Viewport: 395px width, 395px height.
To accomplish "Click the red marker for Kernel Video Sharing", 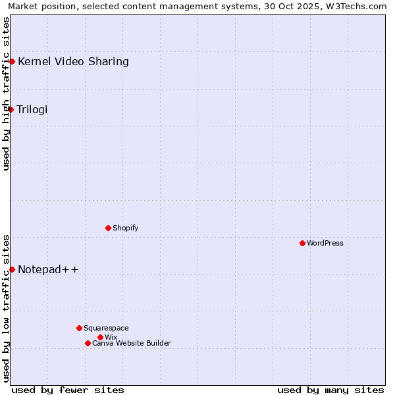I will pos(12,61).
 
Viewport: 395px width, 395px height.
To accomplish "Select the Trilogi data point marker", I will pos(11,109).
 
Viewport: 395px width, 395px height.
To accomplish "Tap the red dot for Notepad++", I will pos(12,269).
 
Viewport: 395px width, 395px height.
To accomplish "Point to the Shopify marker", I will pos(108,228).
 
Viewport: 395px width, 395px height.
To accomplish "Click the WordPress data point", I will pos(302,243).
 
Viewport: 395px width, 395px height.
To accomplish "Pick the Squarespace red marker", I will pos(79,328).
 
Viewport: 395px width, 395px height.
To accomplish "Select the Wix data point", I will pos(100,337).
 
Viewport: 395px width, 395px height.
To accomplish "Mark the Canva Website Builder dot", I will pos(88,343).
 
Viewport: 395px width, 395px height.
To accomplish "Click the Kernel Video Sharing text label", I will pos(73,62).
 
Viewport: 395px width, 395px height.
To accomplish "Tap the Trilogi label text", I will pos(32,109).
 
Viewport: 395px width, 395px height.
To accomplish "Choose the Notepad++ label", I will pos(48,269).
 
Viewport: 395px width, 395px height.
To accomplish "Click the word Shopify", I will pos(125,228).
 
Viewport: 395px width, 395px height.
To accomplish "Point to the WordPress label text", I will pos(325,243).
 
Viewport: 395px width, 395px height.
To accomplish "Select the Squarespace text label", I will pos(106,328).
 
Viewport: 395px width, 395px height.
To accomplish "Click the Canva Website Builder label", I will pos(132,343).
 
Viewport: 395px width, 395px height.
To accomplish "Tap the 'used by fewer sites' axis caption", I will pos(68,390).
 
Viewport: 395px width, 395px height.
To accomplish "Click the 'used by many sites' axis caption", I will pos(330,390).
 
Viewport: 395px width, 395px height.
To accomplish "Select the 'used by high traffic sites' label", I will pos(6,93).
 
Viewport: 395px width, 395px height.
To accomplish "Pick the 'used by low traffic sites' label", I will pos(6,307).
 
